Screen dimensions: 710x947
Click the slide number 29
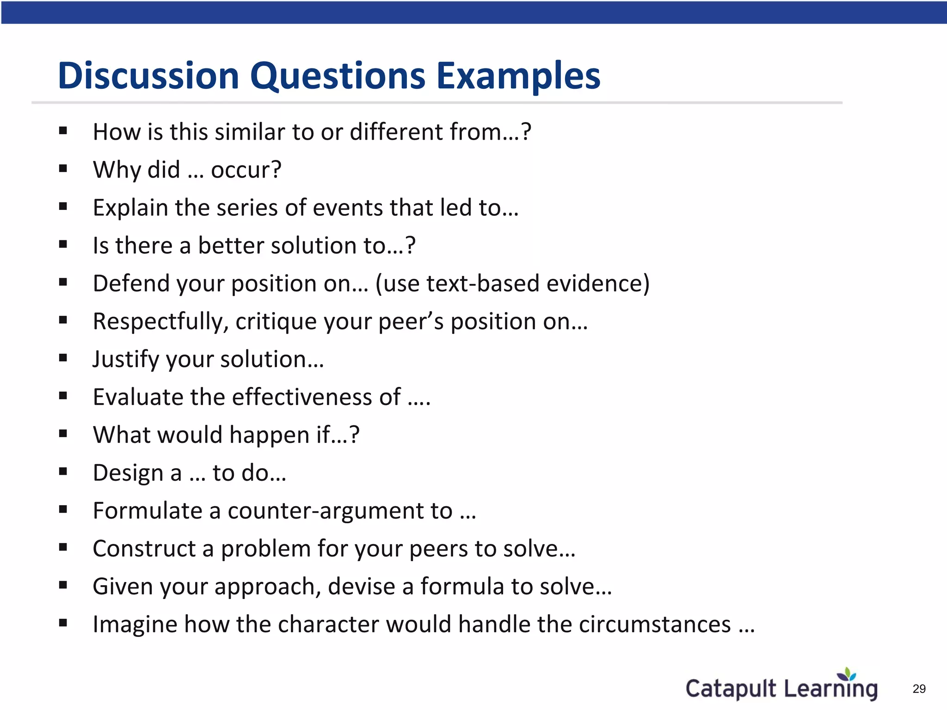coord(919,689)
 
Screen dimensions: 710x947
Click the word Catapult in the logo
coord(731,689)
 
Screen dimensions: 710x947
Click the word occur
coord(246,170)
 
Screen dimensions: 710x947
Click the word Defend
coord(131,283)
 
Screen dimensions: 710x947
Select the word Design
coord(128,473)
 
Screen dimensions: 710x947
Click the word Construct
coord(144,549)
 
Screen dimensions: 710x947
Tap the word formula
coord(462,587)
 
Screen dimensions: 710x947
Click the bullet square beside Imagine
coord(63,623)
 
